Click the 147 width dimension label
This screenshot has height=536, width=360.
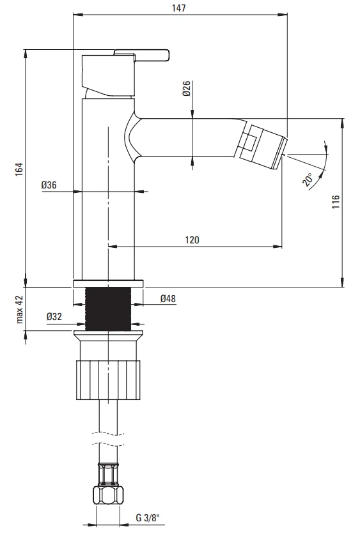click(x=179, y=8)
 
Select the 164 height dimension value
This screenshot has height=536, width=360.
click(x=20, y=169)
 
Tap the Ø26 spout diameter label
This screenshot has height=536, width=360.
click(x=187, y=89)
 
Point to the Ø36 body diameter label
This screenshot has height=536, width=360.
click(x=49, y=185)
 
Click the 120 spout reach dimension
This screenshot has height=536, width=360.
click(x=192, y=240)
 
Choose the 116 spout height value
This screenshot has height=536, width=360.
click(x=336, y=202)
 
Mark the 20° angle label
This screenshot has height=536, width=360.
click(x=308, y=179)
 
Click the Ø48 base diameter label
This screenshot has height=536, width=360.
click(x=168, y=298)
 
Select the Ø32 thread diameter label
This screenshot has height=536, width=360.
click(x=54, y=316)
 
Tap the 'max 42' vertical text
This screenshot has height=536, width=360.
click(x=20, y=309)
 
